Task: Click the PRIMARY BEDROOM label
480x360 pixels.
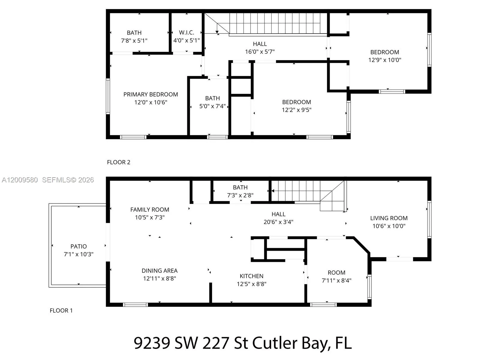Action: tap(151, 94)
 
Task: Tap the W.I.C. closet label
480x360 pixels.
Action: tap(186, 32)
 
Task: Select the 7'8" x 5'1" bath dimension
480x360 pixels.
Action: tap(134, 40)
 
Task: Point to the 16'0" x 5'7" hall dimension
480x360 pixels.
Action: tap(260, 52)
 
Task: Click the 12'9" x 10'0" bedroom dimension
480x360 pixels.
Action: tap(385, 60)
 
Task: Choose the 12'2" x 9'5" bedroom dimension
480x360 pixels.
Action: tap(296, 110)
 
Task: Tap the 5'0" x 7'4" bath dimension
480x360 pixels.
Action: tap(212, 106)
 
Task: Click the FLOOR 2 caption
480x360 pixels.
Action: tap(118, 162)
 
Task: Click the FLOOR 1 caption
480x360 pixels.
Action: tap(61, 310)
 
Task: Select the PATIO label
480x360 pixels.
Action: tap(79, 246)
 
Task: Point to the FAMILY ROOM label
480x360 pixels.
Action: tap(150, 210)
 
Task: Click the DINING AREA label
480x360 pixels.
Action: tap(160, 271)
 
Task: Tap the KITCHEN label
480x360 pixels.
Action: tap(251, 276)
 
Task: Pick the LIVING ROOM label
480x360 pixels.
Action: tap(389, 218)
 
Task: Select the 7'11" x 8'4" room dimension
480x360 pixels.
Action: tap(336, 280)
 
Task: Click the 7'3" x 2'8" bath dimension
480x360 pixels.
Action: tap(240, 195)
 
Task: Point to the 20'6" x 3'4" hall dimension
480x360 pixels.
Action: tap(278, 222)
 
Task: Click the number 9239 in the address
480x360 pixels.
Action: tap(151, 343)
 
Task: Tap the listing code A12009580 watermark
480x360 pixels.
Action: tap(20, 180)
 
